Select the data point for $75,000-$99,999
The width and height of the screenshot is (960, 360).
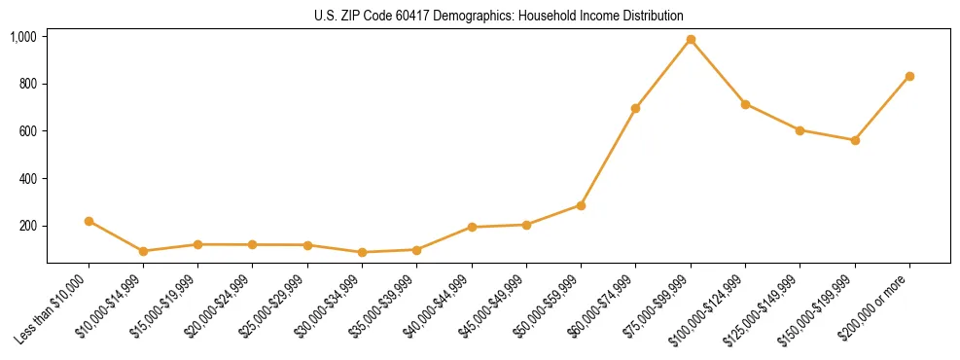click(691, 40)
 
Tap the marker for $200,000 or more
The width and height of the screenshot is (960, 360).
click(909, 76)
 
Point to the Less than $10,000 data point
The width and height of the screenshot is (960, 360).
click(89, 221)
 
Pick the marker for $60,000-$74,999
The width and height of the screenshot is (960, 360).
click(635, 108)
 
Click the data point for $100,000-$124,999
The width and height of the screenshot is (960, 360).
click(745, 104)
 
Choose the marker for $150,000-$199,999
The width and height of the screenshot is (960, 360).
click(855, 140)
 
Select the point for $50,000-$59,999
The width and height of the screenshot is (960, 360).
click(581, 205)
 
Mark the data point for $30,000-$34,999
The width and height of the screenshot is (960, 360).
click(362, 252)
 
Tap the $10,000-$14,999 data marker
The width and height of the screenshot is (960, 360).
click(143, 251)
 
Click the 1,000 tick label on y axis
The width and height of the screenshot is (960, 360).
click(23, 37)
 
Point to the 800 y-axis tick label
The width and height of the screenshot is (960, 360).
click(27, 84)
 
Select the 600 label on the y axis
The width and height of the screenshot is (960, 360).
click(27, 131)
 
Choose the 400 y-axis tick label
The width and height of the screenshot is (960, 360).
click(27, 179)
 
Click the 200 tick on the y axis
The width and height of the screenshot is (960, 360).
click(27, 226)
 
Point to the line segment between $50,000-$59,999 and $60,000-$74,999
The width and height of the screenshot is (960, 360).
click(608, 157)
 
